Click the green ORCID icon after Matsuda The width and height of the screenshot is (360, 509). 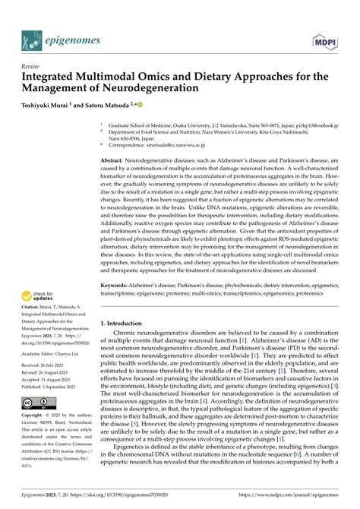pyautogui.click(x=161, y=103)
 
